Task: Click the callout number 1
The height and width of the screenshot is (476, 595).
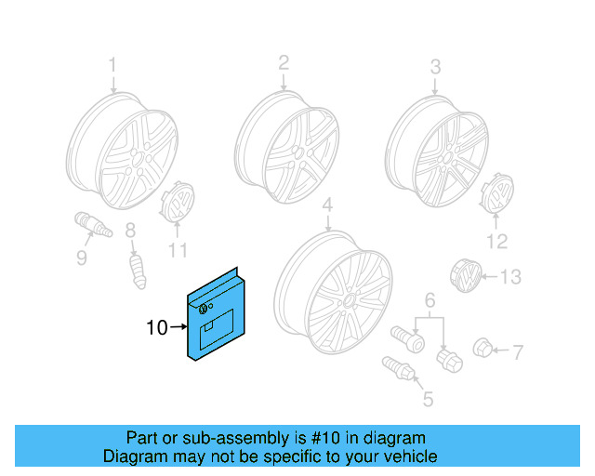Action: [x=112, y=66]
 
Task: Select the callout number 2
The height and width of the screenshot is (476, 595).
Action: [x=284, y=62]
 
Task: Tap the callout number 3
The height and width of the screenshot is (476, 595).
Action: [x=435, y=67]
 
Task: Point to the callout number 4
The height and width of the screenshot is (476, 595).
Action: [x=327, y=205]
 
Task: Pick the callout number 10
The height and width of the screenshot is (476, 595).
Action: [x=157, y=327]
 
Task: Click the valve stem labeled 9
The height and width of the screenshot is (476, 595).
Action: [x=92, y=228]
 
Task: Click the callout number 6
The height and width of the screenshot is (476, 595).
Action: [x=430, y=300]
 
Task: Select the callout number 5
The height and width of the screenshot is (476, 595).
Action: [x=428, y=400]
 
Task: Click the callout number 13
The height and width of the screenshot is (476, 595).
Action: [x=511, y=277]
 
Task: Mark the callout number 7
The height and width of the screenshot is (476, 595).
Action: [x=519, y=351]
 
